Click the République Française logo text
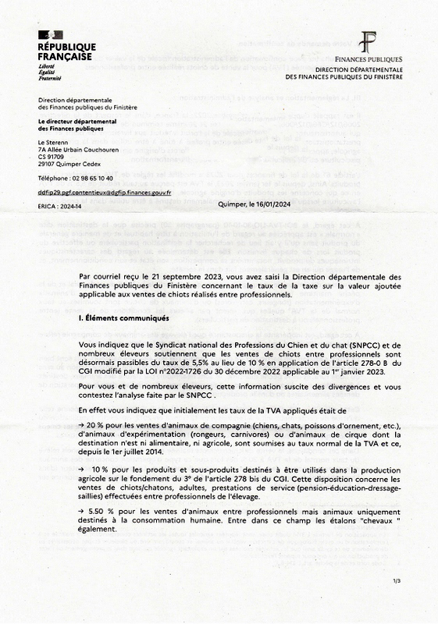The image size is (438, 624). [66, 52]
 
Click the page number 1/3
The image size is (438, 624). [397, 603]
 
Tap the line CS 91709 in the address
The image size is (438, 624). [53, 157]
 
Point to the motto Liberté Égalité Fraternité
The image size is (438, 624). [48, 72]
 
